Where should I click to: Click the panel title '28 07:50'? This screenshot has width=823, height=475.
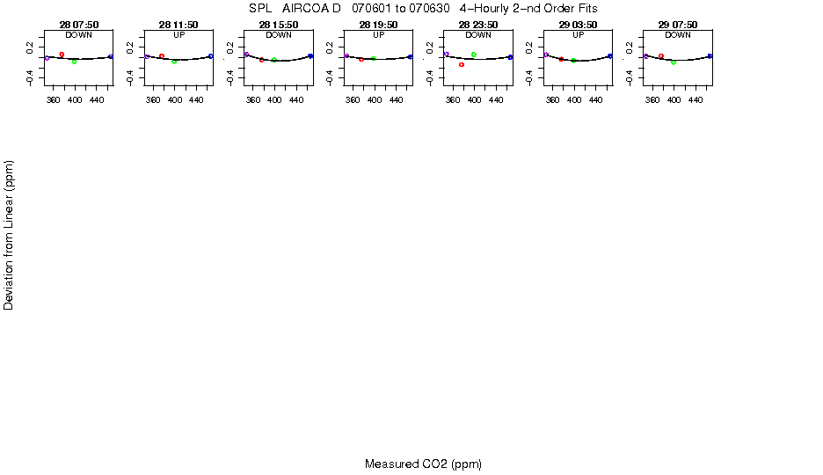pyautogui.click(x=79, y=25)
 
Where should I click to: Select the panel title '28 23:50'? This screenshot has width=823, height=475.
pyautogui.click(x=478, y=25)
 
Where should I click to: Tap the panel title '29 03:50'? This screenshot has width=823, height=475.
pyautogui.click(x=578, y=25)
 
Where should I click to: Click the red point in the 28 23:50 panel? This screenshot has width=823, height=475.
pyautogui.click(x=462, y=64)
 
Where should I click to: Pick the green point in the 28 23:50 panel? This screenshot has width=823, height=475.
pyautogui.click(x=474, y=55)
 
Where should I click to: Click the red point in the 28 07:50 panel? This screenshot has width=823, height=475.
pyautogui.click(x=62, y=55)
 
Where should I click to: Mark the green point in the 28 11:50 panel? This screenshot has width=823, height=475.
pyautogui.click(x=174, y=62)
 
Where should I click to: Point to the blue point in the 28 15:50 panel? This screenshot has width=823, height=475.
pyautogui.click(x=310, y=56)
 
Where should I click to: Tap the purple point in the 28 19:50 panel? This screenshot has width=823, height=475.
pyautogui.click(x=346, y=56)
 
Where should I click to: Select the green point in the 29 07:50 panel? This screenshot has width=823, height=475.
pyautogui.click(x=674, y=62)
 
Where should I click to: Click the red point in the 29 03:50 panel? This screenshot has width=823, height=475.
pyautogui.click(x=561, y=59)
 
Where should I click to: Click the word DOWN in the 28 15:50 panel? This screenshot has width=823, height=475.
pyautogui.click(x=279, y=35)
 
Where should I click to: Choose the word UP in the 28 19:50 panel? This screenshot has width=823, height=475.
pyautogui.click(x=378, y=35)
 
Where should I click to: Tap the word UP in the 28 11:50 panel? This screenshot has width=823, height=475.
pyautogui.click(x=178, y=35)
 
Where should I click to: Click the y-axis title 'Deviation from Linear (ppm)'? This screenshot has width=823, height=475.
pyautogui.click(x=9, y=235)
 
